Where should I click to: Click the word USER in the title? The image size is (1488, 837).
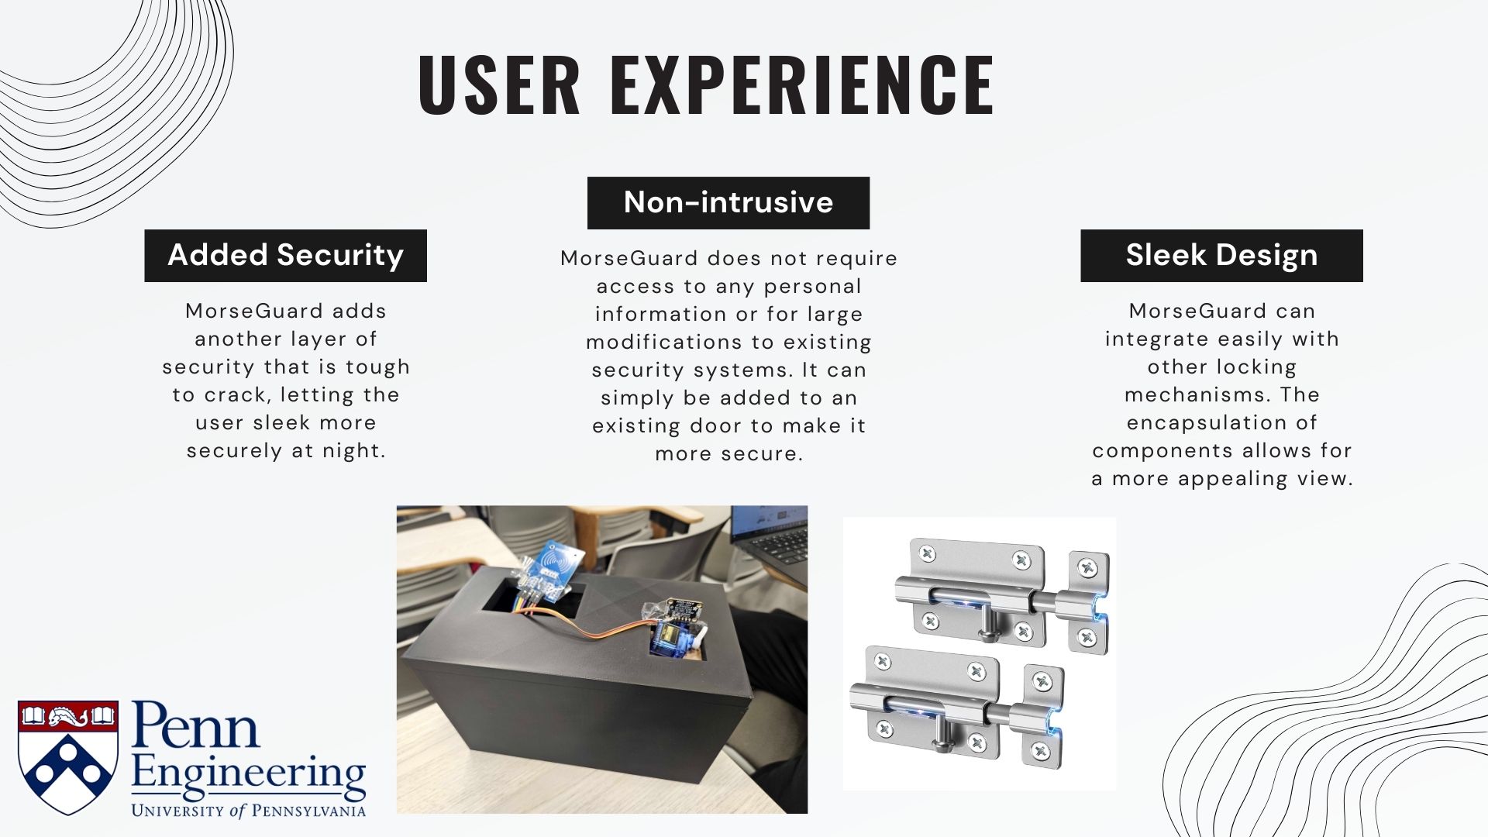[x=499, y=85]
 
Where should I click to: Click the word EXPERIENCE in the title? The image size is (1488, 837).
[x=802, y=85]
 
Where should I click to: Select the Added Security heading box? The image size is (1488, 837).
[x=285, y=255]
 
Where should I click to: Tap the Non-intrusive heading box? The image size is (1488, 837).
[x=728, y=202]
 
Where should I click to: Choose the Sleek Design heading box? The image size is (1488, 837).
[x=1221, y=255]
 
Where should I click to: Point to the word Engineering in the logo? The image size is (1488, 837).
[x=248, y=776]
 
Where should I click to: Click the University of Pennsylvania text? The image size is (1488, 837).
[x=248, y=811]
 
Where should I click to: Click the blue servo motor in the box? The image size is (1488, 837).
[x=668, y=636]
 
